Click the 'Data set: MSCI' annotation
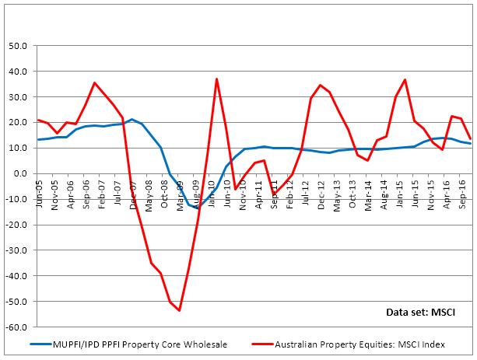[420, 312]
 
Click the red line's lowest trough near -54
[180, 310]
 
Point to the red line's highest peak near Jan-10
[216, 79]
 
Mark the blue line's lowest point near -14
[197, 208]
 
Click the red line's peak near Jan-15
[405, 79]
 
